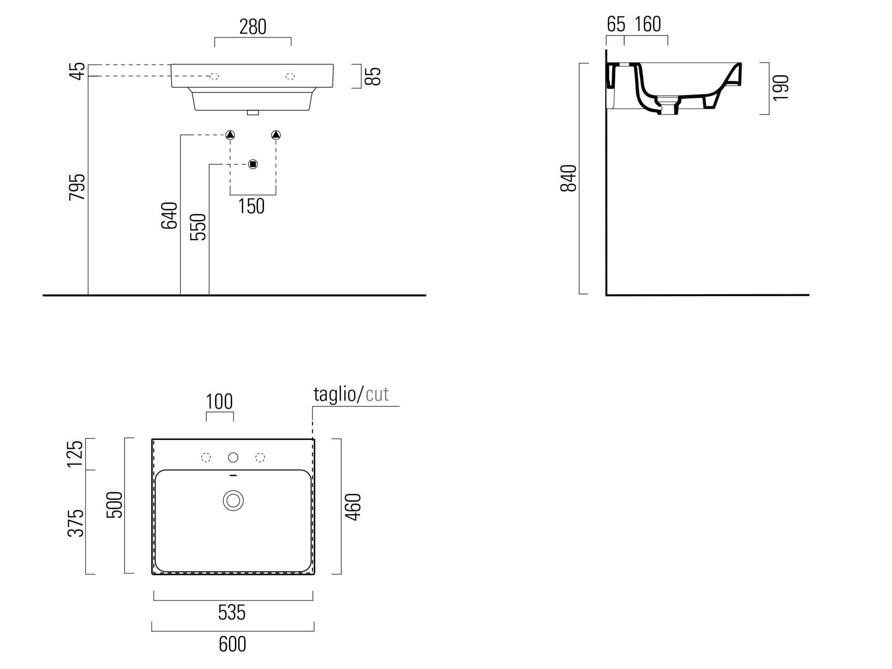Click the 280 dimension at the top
(x=252, y=27)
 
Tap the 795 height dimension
(x=78, y=187)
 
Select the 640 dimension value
(x=169, y=215)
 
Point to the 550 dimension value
(x=198, y=226)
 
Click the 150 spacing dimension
(x=251, y=207)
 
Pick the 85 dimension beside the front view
(x=375, y=76)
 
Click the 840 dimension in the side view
(x=569, y=178)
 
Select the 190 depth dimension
(x=780, y=88)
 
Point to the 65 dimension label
(x=616, y=24)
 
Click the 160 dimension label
(x=647, y=24)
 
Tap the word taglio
(x=335, y=394)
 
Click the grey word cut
(x=377, y=394)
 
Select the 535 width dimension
(x=232, y=612)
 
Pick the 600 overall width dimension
(x=232, y=644)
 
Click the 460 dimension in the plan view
(x=353, y=507)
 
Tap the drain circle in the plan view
(x=233, y=500)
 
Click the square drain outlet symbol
(x=252, y=164)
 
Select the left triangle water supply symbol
(x=230, y=135)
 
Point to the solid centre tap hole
(x=233, y=457)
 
